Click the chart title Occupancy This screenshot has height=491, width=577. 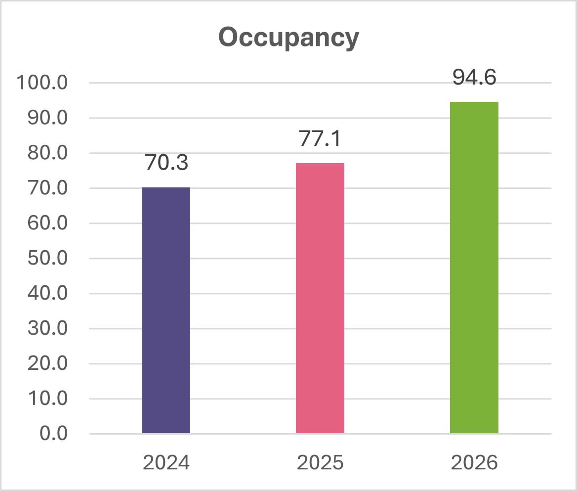288,38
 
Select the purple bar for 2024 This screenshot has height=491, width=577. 166,311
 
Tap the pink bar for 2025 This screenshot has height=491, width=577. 320,298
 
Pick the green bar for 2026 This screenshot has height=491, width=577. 474,268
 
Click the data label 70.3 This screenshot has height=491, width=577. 166,163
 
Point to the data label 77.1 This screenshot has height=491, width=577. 320,139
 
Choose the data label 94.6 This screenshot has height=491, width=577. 474,78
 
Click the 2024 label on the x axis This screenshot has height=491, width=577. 166,463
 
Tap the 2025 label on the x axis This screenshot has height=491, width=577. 320,463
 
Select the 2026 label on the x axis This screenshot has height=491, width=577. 474,463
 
